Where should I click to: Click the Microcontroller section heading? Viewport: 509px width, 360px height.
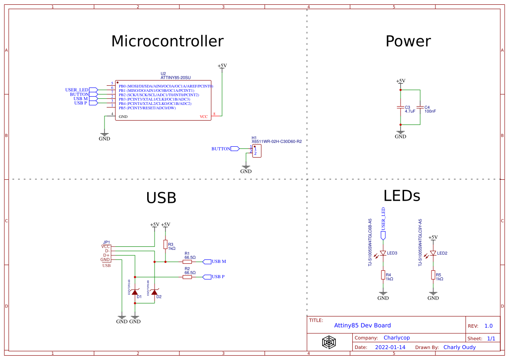tap(167, 41)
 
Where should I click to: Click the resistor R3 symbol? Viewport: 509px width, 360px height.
tap(165, 245)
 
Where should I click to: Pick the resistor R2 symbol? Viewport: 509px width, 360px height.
tap(187, 277)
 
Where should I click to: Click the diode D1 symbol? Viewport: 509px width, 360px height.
tap(135, 291)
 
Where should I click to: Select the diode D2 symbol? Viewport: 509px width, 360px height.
tap(154, 291)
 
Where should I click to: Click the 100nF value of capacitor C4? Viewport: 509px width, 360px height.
tap(430, 111)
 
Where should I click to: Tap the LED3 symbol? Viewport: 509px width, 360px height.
tap(383, 253)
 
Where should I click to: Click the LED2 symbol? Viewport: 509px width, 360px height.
tap(433, 253)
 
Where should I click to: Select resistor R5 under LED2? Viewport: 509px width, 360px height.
tap(433, 275)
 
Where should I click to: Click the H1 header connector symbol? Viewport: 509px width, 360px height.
tap(256, 151)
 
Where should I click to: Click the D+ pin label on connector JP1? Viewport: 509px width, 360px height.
tap(106, 255)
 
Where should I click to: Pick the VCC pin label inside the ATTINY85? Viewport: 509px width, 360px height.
tap(204, 117)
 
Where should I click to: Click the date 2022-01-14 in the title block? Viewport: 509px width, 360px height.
tap(390, 347)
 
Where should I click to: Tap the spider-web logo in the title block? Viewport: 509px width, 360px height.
tap(329, 342)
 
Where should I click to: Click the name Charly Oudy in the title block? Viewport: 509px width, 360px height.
tap(459, 347)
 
